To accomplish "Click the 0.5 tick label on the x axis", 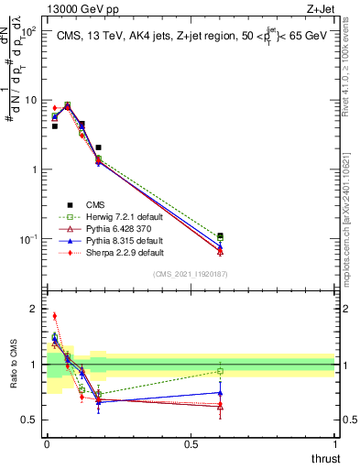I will pos(191,445).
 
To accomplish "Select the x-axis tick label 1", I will pos(334,445).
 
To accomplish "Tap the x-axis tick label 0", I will pos(47,445).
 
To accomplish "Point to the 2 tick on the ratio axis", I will pos(35,309).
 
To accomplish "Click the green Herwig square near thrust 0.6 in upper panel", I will pos(220,236).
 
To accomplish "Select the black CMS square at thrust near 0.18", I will pos(98,147).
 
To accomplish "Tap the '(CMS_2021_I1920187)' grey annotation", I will pos(190,273).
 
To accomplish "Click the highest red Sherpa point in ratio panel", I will pos(54,316).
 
